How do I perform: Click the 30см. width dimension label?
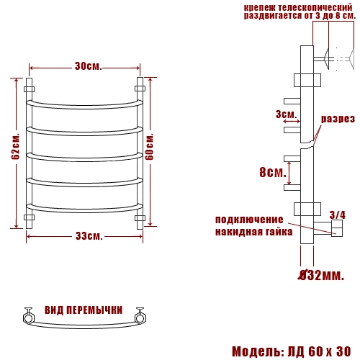click(89, 66)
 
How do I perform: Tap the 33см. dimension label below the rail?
click(89, 236)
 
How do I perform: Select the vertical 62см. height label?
click(15, 146)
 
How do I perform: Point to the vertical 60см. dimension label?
click(149, 146)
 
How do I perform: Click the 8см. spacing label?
click(273, 172)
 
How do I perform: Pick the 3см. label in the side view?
click(287, 114)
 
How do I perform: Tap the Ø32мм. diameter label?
click(321, 275)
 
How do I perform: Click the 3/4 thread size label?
click(338, 215)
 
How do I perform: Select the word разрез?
click(338, 119)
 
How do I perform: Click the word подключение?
click(249, 220)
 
